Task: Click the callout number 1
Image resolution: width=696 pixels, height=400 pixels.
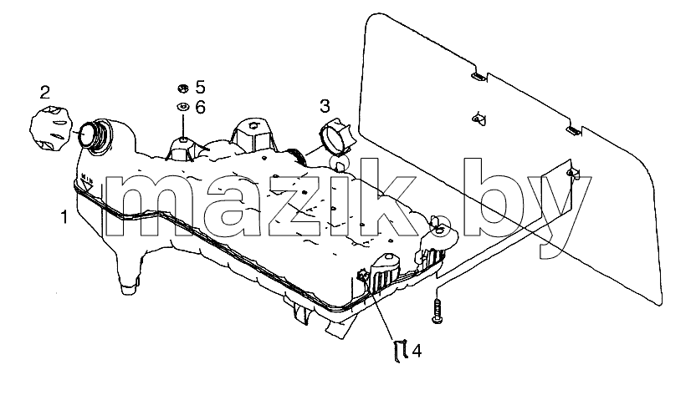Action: pos(64,217)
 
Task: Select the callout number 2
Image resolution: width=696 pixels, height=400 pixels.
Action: pos(45,93)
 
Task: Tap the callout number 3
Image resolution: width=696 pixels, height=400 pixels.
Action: pos(325,106)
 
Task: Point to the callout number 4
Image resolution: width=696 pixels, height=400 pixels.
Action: pos(417,351)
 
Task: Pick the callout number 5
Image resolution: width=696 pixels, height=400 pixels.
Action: pos(201,87)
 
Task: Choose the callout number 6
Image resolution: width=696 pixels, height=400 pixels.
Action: pos(201,107)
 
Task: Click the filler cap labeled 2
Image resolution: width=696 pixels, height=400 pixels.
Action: pos(49,128)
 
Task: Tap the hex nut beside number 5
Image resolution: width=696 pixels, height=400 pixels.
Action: pos(182,89)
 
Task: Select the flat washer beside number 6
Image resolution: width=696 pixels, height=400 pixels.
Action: pos(182,107)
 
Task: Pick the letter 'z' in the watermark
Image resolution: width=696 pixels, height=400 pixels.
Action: pos(292,205)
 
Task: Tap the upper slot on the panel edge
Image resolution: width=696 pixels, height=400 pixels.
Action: pos(478,77)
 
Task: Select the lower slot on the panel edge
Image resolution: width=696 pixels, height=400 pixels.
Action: pos(573,130)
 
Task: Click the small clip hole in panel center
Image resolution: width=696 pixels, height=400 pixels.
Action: pos(478,119)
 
